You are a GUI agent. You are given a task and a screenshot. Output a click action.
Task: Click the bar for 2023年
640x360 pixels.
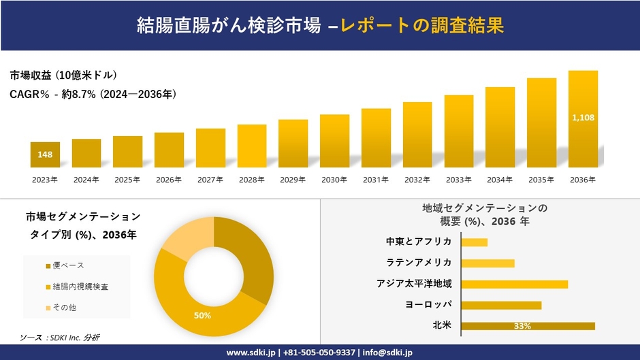[x=45, y=154]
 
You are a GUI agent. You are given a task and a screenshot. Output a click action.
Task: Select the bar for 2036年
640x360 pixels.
[x=583, y=119]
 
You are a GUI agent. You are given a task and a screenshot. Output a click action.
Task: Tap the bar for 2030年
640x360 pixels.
[x=334, y=141]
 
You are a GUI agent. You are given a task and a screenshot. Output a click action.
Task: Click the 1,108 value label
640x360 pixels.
[x=583, y=118]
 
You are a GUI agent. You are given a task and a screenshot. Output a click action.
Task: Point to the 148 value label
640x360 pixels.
[x=45, y=155]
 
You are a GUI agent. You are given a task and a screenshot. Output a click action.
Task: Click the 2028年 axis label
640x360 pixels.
[x=251, y=180]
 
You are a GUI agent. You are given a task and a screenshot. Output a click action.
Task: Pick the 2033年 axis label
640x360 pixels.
[x=458, y=180]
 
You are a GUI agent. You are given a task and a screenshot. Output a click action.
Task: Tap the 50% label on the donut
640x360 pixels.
[x=202, y=316]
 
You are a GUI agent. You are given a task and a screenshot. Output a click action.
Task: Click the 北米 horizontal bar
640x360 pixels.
[x=528, y=326]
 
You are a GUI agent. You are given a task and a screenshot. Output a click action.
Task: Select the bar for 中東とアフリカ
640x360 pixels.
[x=474, y=242]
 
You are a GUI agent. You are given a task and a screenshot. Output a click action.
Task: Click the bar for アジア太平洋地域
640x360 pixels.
[x=514, y=284]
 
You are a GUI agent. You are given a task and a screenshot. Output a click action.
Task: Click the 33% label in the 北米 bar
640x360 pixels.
[x=522, y=327]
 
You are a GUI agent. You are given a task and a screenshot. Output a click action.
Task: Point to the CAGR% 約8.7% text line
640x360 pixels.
[x=93, y=95]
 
